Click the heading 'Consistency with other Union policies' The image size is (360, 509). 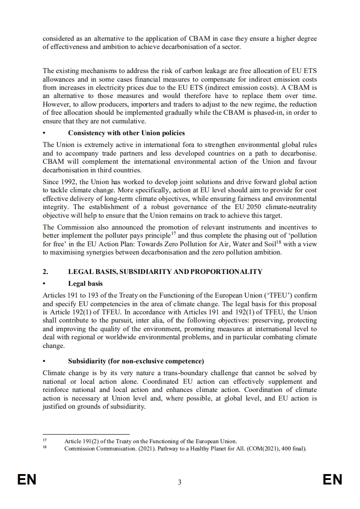[126, 133]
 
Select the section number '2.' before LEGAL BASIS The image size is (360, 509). [45, 272]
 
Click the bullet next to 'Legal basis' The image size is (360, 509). [44, 284]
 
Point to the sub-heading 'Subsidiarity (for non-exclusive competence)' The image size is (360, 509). [136, 361]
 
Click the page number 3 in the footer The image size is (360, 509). [180, 482]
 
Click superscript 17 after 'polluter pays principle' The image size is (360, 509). [173, 234]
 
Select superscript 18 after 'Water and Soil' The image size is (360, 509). [279, 242]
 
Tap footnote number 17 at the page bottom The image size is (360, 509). [44, 440]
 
